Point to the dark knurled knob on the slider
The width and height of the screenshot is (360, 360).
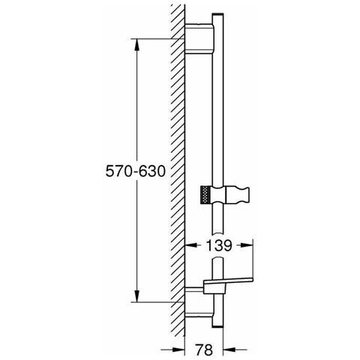click(204, 197)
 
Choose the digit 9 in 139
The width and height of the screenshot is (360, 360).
click(228, 245)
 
